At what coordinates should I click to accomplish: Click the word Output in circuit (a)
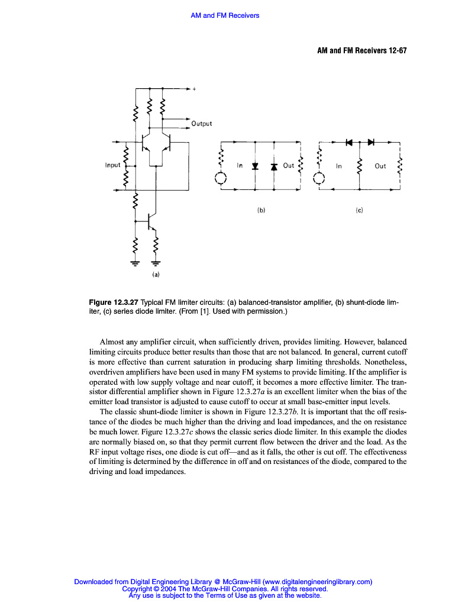click(201, 124)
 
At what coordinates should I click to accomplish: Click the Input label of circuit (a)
click(112, 165)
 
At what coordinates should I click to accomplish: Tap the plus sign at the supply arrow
click(194, 89)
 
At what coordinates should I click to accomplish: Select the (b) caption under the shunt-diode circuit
click(260, 209)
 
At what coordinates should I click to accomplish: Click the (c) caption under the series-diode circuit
click(359, 209)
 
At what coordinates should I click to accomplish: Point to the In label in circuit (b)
click(240, 166)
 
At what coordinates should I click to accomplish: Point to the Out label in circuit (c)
click(380, 166)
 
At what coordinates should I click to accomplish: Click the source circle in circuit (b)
click(220, 179)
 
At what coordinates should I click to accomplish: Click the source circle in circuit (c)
click(319, 179)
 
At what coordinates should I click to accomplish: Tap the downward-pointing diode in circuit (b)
click(255, 166)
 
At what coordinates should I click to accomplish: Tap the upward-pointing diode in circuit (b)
click(274, 166)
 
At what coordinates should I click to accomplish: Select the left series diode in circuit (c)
click(349, 142)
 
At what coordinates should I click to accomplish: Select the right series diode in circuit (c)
click(371, 142)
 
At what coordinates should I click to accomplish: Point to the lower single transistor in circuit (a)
click(151, 221)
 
